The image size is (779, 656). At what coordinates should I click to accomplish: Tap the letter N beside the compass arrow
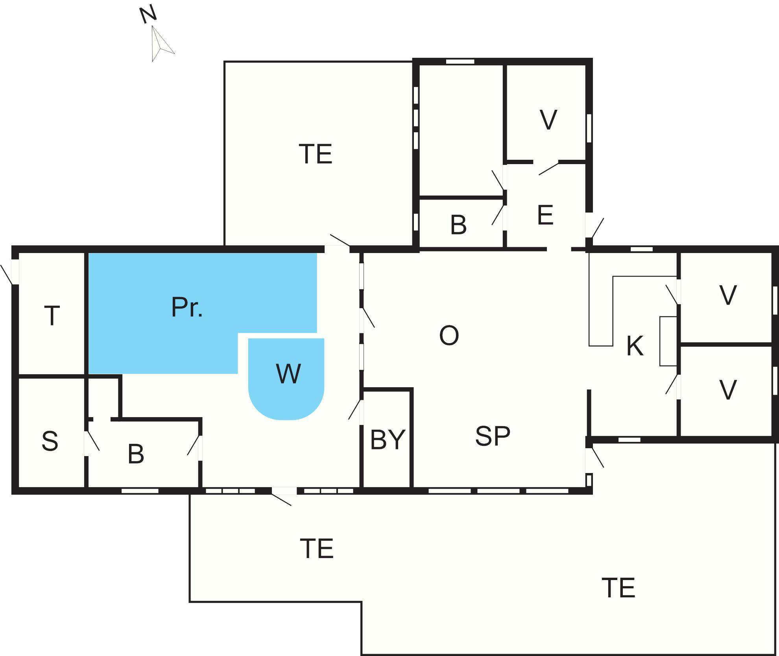(x=148, y=15)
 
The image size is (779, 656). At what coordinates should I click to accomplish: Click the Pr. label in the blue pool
(x=187, y=307)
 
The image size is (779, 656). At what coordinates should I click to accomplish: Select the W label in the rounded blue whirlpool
(x=289, y=373)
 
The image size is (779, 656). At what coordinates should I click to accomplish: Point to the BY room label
(x=388, y=439)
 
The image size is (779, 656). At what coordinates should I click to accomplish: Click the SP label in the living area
(x=493, y=436)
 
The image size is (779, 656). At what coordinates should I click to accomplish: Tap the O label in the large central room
(x=449, y=336)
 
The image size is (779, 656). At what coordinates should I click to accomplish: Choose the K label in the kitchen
(x=635, y=346)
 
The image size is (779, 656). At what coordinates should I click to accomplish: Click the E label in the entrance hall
(x=545, y=215)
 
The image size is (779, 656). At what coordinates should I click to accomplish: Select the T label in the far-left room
(x=52, y=316)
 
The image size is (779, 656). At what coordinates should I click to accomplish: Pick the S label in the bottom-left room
(x=50, y=441)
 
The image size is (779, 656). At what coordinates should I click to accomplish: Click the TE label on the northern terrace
(x=316, y=154)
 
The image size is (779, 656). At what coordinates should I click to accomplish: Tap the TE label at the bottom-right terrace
(x=618, y=588)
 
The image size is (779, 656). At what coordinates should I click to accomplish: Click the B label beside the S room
(x=136, y=454)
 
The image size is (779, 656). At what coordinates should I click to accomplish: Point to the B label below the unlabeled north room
(x=458, y=225)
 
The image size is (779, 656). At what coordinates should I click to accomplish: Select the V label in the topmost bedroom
(x=548, y=120)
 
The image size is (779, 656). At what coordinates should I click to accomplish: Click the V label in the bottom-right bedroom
(x=728, y=390)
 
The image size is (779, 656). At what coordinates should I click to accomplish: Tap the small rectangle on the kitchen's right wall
(x=668, y=341)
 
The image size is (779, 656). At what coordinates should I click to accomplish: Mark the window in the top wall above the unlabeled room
(x=460, y=61)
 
